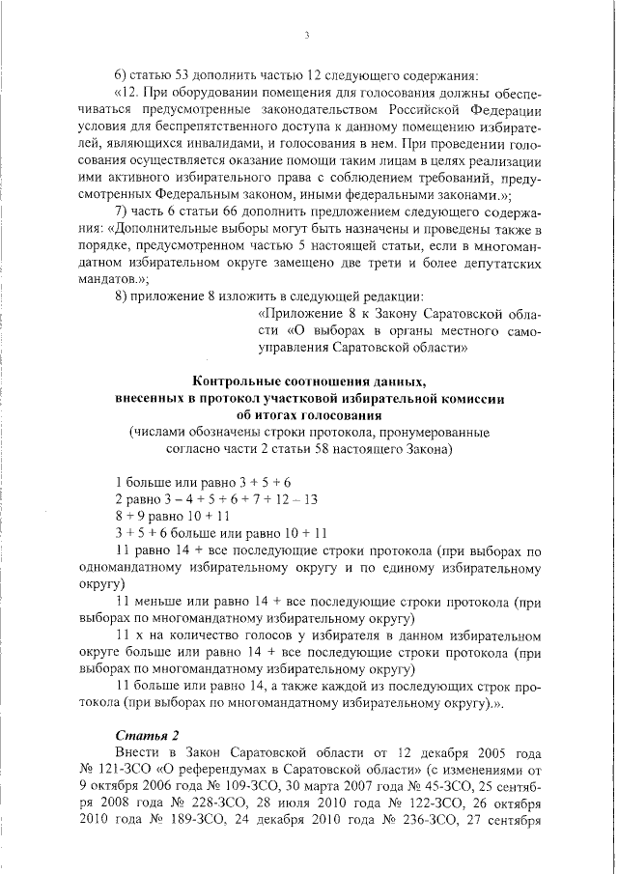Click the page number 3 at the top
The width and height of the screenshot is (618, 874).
click(x=306, y=36)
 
